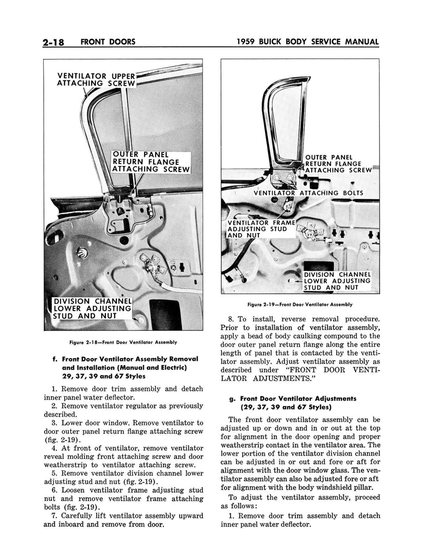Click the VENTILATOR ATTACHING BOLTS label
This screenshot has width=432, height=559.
tap(308, 193)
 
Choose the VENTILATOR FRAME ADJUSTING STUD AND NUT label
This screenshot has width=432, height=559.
tap(261, 229)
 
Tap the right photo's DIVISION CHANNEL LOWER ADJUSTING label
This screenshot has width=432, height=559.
tap(336, 281)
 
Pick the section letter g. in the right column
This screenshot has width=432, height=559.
tap(232, 399)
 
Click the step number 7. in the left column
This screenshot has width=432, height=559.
tap(54, 516)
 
